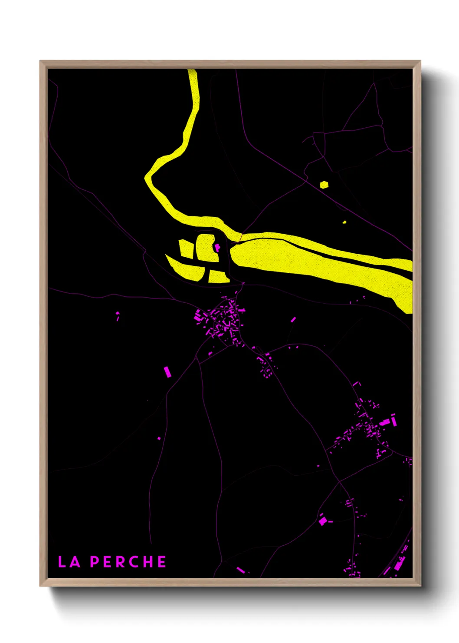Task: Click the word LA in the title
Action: point(69,562)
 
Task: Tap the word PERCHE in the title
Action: point(128,562)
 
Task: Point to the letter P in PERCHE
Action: point(95,562)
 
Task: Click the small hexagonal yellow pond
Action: point(324,185)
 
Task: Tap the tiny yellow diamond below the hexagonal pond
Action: point(344,222)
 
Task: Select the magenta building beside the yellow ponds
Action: point(217,247)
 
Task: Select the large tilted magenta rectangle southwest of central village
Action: point(167,371)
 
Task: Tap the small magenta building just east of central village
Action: point(293,320)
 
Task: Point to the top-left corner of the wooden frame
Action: point(40,61)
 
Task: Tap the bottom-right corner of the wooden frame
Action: point(420,586)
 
